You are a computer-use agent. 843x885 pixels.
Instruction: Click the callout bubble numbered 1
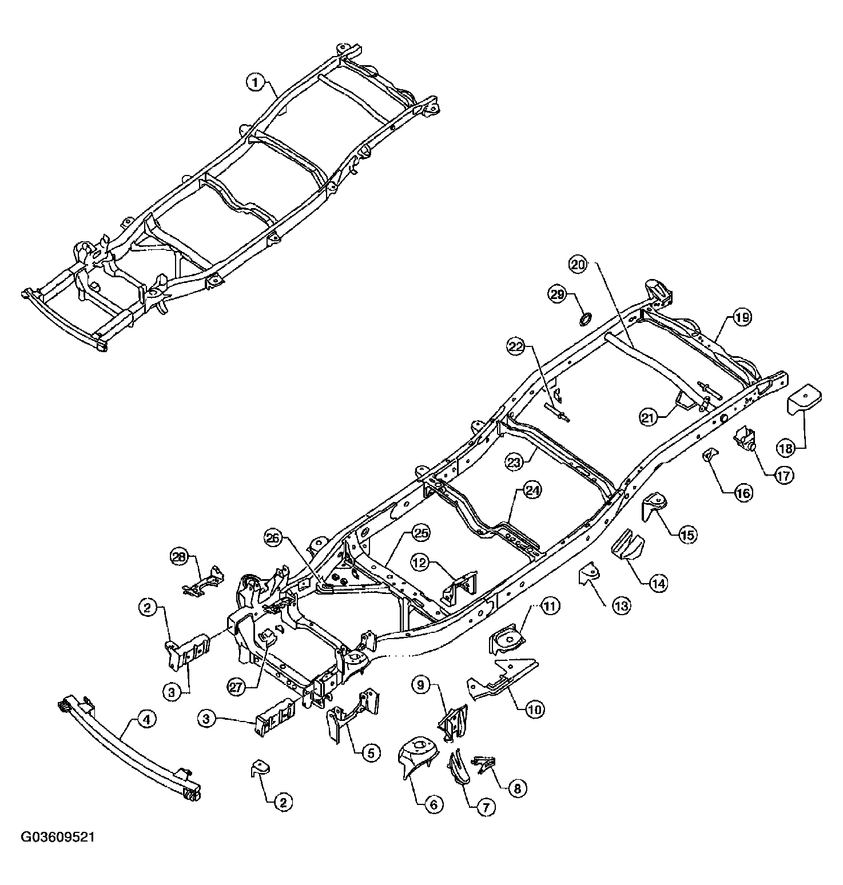coord(256,83)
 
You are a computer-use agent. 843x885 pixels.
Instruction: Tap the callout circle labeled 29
coord(556,295)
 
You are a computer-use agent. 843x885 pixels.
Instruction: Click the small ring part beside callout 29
coord(586,318)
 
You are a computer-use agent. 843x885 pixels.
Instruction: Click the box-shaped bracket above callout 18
coord(804,399)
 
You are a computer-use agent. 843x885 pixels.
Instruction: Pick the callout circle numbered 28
coord(180,556)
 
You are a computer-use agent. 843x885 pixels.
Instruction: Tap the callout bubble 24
coord(532,491)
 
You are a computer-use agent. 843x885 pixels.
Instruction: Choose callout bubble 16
coord(743,493)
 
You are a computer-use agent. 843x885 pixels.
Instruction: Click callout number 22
coord(515,345)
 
